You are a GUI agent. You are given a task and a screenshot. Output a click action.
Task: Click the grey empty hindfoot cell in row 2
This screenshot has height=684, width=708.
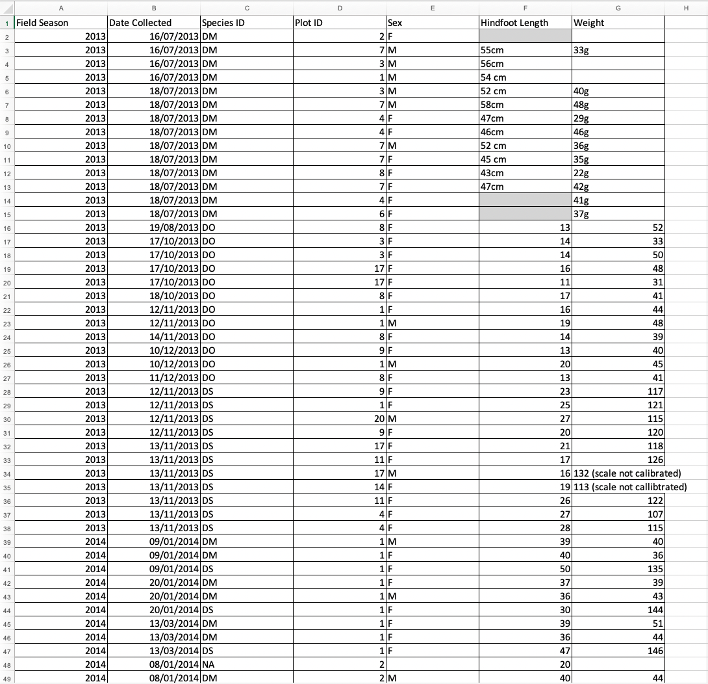525,36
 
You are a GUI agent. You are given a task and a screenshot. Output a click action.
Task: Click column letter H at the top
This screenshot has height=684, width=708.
686,7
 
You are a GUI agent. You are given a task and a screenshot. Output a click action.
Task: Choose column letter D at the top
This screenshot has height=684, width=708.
340,7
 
